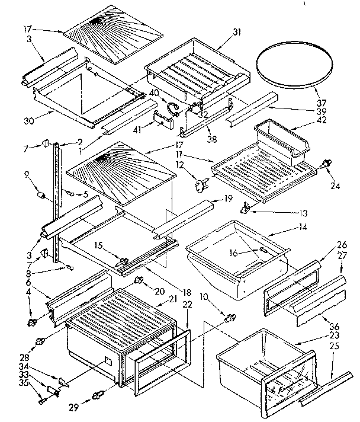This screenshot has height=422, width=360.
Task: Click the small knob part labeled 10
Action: (x=229, y=319)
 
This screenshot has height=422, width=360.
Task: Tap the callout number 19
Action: (x=226, y=200)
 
